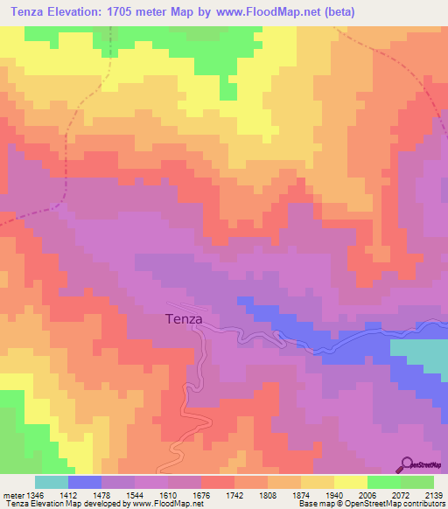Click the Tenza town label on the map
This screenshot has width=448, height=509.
[x=184, y=320]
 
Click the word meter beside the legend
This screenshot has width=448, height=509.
[x=13, y=492]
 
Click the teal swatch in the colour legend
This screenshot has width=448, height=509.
[x=51, y=482]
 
